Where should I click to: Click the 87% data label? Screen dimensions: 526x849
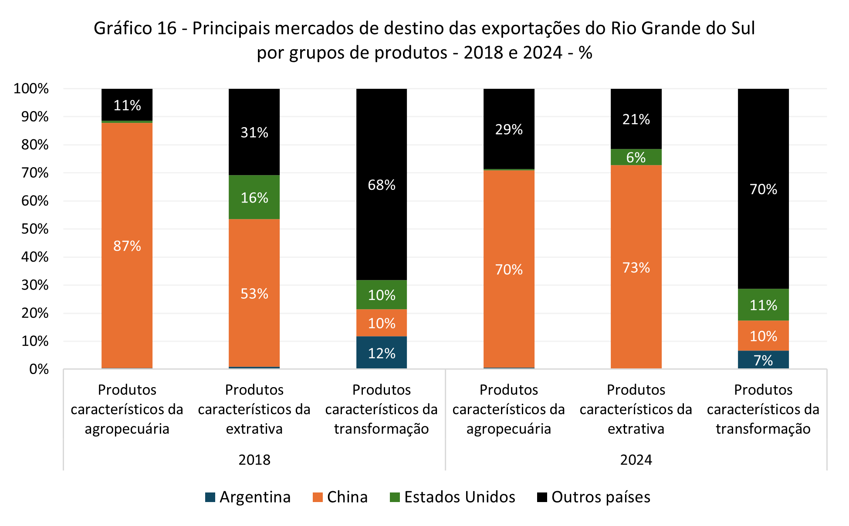127,246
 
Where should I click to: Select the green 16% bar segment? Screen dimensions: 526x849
254,198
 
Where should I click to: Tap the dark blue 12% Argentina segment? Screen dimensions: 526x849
382,353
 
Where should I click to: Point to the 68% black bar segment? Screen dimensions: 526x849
382,185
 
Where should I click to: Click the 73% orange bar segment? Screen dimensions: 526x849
636,267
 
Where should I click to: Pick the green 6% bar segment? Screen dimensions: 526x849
636,157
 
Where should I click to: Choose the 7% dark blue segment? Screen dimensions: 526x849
763,360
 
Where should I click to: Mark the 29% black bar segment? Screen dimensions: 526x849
509,129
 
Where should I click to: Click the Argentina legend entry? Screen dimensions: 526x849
248,497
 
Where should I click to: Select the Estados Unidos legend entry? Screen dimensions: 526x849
453,497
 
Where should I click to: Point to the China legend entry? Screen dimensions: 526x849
340,497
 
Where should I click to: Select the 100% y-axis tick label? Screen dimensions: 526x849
31,88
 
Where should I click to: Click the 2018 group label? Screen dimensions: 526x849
254,459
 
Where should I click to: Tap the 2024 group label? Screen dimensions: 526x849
636,459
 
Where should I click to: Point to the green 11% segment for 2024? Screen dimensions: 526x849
763,305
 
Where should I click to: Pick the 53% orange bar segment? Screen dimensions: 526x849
254,293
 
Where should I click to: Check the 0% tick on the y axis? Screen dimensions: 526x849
39,369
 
